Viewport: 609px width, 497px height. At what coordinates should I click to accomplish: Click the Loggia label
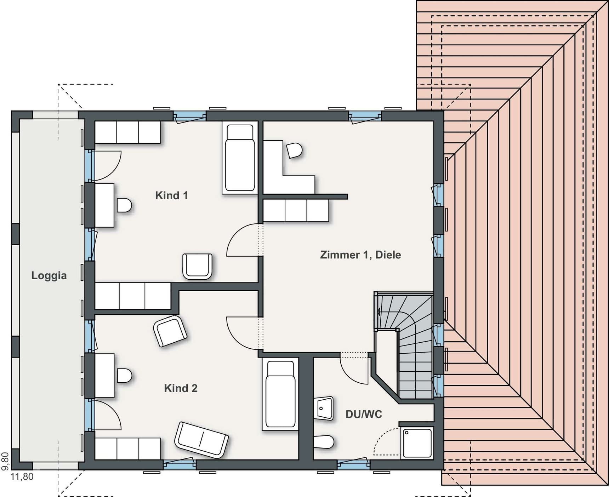click(x=49, y=275)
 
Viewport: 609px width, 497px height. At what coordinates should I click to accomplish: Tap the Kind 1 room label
click(x=171, y=195)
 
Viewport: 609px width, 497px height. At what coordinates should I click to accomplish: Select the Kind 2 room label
click(x=181, y=388)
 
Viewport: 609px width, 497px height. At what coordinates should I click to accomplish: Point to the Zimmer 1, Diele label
click(x=360, y=255)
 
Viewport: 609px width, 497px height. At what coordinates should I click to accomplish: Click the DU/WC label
click(x=364, y=414)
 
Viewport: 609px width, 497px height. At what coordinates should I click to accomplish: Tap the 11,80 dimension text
click(x=22, y=476)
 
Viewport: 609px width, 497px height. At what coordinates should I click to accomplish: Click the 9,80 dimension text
click(x=5, y=461)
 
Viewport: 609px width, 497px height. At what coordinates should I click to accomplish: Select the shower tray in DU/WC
click(x=417, y=443)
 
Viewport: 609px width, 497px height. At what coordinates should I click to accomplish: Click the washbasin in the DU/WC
click(x=324, y=408)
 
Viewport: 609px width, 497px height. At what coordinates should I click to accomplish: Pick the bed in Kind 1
click(x=240, y=158)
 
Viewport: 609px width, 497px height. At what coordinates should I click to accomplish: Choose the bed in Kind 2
click(x=280, y=394)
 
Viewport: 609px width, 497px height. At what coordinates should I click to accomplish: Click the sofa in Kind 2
click(x=201, y=440)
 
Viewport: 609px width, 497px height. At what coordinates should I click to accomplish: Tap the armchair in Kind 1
click(x=198, y=266)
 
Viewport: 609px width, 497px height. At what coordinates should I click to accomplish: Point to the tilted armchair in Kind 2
click(x=170, y=331)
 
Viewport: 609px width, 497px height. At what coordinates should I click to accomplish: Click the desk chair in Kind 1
click(x=124, y=205)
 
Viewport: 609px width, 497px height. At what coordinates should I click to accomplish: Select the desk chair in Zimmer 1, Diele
click(x=294, y=150)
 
